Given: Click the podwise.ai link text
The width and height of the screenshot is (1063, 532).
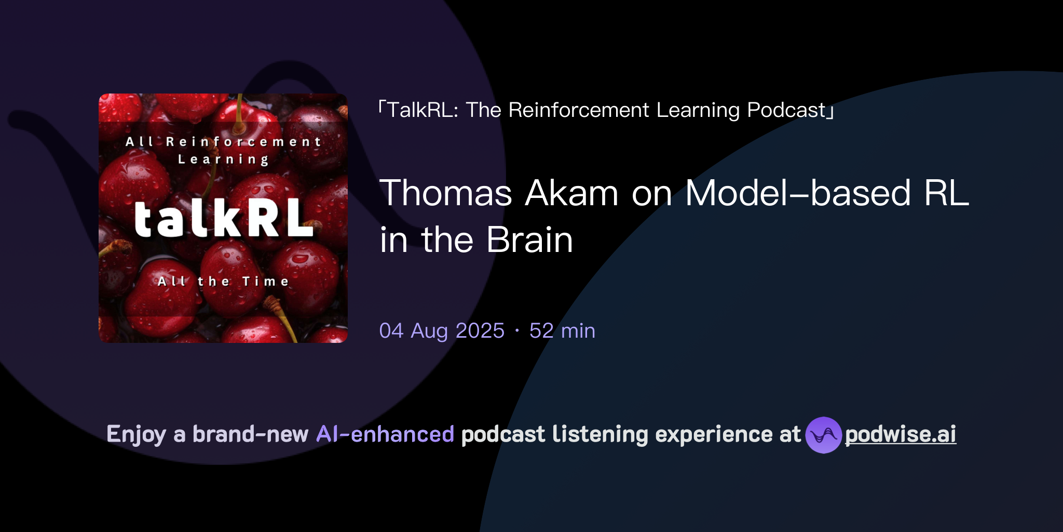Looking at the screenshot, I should pos(901,434).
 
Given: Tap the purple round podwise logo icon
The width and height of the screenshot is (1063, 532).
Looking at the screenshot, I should pos(823,435).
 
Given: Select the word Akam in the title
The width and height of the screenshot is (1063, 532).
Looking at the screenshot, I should pos(571,193).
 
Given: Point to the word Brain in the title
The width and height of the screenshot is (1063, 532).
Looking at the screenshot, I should pos(529,240).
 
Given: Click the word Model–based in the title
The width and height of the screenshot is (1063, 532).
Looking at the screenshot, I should pos(798,193).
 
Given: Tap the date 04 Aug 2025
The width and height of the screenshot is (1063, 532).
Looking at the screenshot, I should pos(442,331).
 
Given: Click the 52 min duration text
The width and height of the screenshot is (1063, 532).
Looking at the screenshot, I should pos(562,331).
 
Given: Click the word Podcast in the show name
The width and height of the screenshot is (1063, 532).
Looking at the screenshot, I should pos(786,110).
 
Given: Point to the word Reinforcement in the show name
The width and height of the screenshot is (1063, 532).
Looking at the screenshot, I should pos(579,110).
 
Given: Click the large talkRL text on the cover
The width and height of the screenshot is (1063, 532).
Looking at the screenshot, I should pos(223,219).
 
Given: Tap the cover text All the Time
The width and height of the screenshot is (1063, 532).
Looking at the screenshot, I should pos(223,282).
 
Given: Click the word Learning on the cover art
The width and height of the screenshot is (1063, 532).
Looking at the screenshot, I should pos(223,159).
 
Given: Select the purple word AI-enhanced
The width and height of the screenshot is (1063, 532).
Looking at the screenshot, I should pos(385,434).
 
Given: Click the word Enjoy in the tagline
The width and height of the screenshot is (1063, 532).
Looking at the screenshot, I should pos(136,434).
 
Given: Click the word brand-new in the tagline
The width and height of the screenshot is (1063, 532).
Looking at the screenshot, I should pos(250,434).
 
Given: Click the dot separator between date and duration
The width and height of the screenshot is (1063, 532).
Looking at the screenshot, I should pos(517,331).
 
